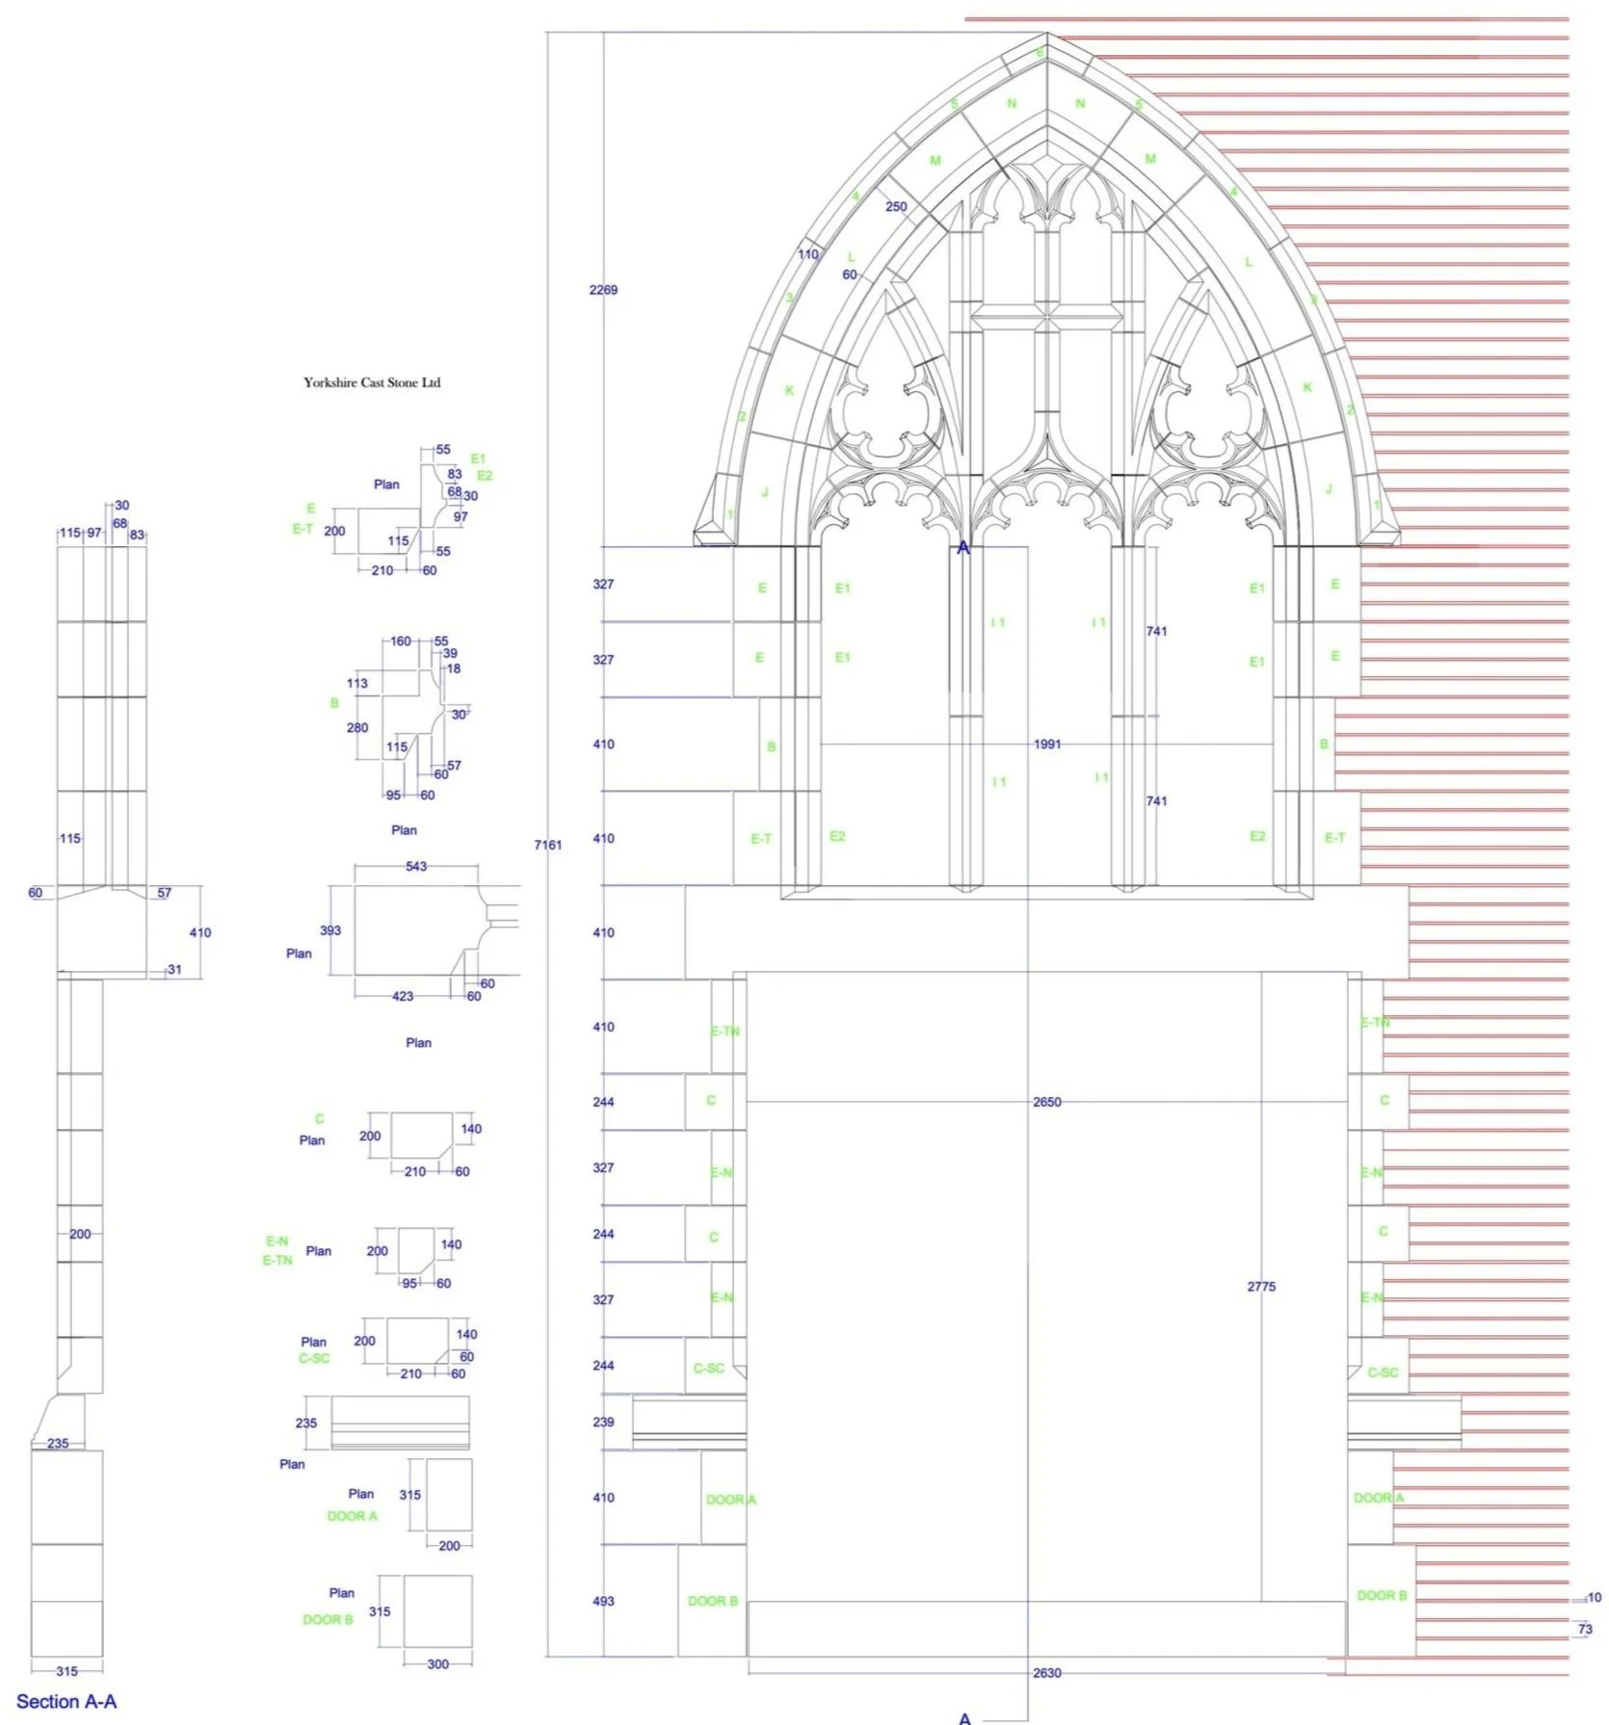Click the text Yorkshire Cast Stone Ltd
coord(372,382)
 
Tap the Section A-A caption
coord(66,1701)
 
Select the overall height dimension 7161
coord(547,845)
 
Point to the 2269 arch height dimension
coord(603,290)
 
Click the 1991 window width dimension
coord(1047,744)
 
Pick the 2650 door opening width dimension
coord(1047,1102)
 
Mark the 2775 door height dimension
coord(1261,1287)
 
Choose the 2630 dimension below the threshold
coord(1047,1673)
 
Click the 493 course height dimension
coord(603,1601)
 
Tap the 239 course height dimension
coord(603,1422)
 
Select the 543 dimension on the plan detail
coord(416,867)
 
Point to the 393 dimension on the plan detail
coord(330,930)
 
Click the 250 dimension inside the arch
coord(896,206)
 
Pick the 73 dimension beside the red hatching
coord(1585,1629)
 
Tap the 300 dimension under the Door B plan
coord(437,1663)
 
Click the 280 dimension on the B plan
coord(357,728)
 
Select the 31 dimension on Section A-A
coord(174,969)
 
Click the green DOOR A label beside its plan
coord(353,1516)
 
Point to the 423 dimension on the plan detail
coord(403,996)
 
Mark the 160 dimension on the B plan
coord(401,641)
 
